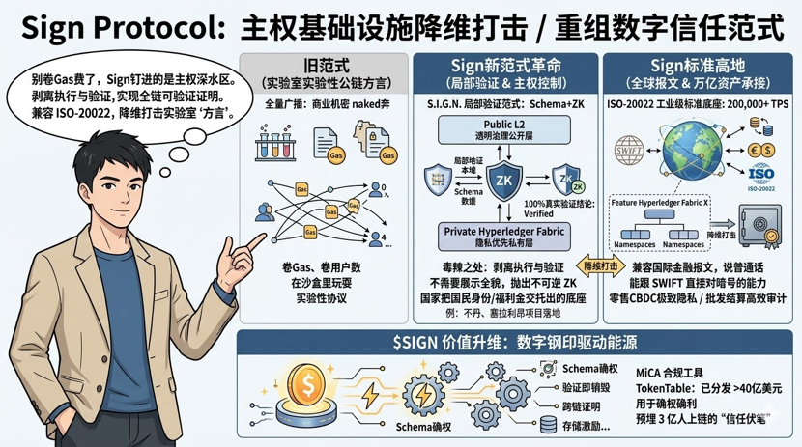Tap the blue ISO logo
tap(762, 175)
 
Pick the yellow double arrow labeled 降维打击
tap(600, 265)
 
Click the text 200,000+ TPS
tap(745, 101)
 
